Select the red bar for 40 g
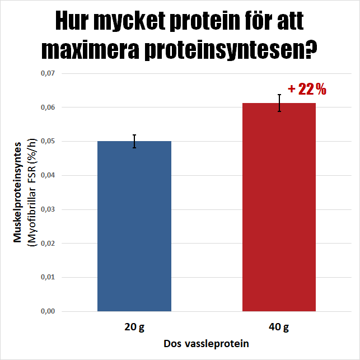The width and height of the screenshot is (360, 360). (x=279, y=207)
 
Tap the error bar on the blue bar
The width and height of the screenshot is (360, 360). (x=134, y=141)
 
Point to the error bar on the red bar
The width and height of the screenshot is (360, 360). (x=279, y=103)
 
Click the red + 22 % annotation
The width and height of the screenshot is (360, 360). (x=307, y=89)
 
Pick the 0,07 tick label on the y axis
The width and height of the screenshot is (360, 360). (x=48, y=73)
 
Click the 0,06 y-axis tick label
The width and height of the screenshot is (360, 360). (x=48, y=107)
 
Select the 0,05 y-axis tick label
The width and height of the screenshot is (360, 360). (x=48, y=141)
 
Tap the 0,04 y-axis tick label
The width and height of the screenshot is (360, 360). (x=48, y=175)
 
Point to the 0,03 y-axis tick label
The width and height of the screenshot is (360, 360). (x=48, y=209)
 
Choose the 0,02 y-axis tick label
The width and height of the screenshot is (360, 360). (x=48, y=243)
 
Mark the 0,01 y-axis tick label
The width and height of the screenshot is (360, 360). (x=48, y=277)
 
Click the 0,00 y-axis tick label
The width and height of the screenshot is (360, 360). (x=48, y=311)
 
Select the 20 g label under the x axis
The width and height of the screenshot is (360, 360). (x=134, y=326)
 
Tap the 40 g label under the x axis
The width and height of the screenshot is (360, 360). (x=279, y=326)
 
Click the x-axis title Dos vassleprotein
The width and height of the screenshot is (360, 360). (x=207, y=343)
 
